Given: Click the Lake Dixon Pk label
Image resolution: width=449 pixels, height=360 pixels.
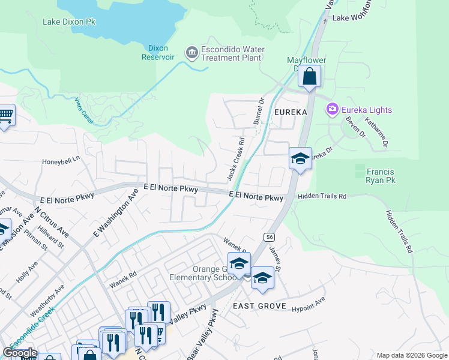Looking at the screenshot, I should pos(69,22).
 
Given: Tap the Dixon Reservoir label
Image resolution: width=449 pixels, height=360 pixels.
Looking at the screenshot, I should pos(157,53).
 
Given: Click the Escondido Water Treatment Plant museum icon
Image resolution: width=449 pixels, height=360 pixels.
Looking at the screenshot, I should pos(191,53).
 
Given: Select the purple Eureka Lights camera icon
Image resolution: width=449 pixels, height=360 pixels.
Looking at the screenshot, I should pos(332,109).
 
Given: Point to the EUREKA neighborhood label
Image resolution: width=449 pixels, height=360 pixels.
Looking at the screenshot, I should pos(291,112).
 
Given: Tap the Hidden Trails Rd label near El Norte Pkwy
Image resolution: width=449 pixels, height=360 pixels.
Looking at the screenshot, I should pos(322,196).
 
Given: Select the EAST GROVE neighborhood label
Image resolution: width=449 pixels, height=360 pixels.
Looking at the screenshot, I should pos(258,306).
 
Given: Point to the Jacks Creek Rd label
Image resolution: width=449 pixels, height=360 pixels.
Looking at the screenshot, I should pos(235,160).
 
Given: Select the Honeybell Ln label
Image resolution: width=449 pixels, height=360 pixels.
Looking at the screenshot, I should pos(61,161).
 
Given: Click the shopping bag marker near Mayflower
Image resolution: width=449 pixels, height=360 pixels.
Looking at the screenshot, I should pos(309,77).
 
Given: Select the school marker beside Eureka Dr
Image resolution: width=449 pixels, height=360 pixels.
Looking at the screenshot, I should pos(300,159).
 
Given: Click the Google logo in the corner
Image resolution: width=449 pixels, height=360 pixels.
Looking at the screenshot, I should pos(20,353).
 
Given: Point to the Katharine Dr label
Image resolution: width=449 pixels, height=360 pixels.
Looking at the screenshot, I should pos(380,134).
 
